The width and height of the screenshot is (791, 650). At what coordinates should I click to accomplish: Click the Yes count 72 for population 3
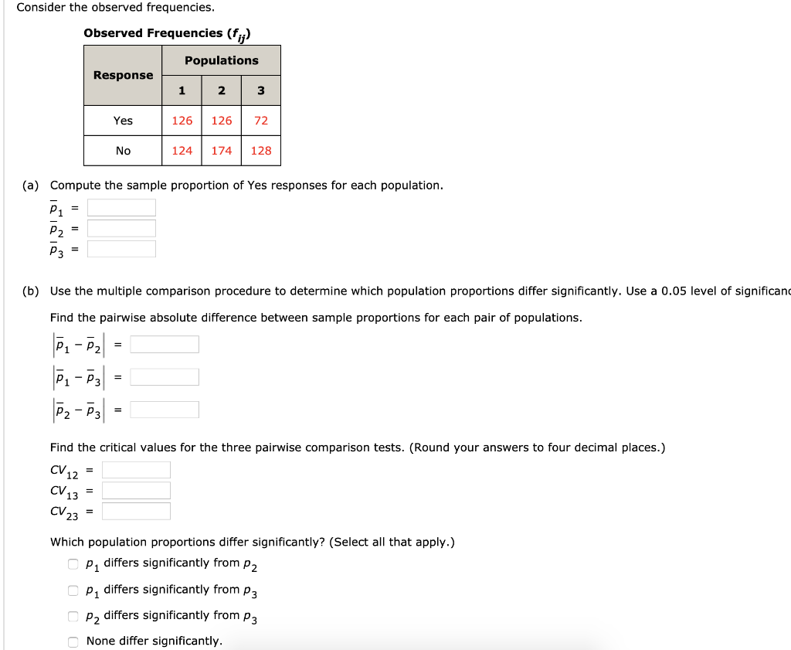coord(261,121)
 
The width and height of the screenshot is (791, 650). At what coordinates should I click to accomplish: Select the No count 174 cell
coord(222,151)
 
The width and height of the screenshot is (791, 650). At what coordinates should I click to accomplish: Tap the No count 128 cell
coord(261,151)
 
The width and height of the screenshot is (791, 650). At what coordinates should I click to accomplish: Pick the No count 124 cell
coord(182,151)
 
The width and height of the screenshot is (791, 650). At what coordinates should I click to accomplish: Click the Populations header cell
coord(222,60)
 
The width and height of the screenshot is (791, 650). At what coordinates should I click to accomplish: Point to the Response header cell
coord(124,75)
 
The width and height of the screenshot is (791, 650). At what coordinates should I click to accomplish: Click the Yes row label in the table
coord(124,121)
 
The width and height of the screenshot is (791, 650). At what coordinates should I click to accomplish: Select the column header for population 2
coord(222,90)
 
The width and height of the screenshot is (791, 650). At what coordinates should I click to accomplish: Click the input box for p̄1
coord(121,208)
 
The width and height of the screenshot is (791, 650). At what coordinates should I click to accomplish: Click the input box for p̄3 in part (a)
coord(121,249)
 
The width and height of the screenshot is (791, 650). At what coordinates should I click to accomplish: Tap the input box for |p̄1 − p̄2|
coord(165,344)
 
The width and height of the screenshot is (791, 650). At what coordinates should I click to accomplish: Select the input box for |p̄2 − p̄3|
coord(165,410)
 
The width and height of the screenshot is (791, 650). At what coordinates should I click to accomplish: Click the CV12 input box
coord(136,470)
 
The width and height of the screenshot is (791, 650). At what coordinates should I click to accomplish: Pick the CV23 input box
coord(136,511)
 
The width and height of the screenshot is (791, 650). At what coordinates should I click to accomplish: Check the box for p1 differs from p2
coord(73,563)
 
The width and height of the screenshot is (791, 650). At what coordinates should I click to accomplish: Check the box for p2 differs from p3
coord(73,616)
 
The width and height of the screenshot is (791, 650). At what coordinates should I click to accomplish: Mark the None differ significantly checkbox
coord(73,641)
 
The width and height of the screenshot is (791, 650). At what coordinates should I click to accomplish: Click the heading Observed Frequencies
coord(167,33)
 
